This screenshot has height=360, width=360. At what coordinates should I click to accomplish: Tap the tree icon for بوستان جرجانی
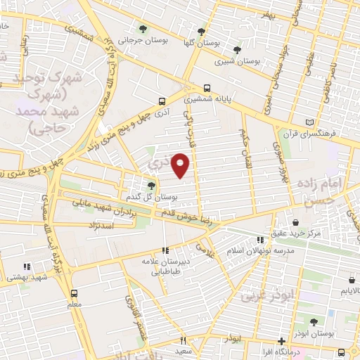143,30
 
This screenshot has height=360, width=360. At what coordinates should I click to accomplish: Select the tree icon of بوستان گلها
201,32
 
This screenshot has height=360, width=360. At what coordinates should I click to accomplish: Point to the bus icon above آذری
162,101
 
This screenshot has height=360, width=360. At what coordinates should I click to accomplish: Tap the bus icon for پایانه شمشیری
207,89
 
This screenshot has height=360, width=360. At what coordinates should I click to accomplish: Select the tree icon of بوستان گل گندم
151,185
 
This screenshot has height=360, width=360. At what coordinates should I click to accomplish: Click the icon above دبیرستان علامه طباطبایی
166,250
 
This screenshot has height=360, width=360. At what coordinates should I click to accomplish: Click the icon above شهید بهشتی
27,266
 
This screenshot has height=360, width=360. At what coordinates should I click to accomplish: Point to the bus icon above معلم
75,293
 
